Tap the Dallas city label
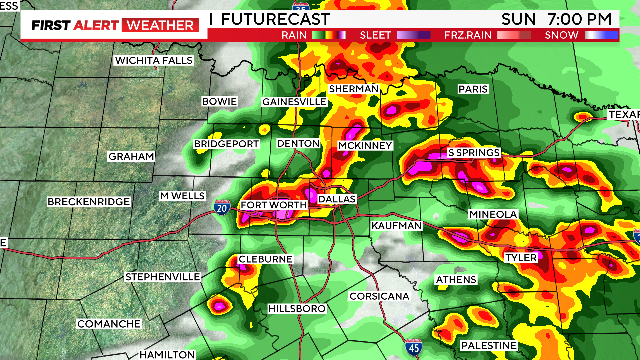tap(337, 199)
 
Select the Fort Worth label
tap(267, 205)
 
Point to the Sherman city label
tap(354, 89)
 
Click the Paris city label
tap(473, 89)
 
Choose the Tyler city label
tap(520, 257)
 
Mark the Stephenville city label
tap(164, 276)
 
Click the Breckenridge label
tap(89, 202)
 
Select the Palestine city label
tap(488, 344)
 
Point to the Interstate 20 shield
tap(220, 208)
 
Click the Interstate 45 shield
tap(414, 347)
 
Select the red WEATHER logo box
tap(158, 24)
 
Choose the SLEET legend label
tap(375, 35)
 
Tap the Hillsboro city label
tap(297, 310)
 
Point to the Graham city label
tap(132, 157)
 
